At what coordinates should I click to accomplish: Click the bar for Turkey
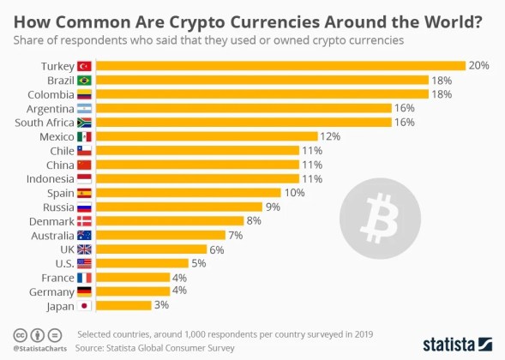(x=280, y=66)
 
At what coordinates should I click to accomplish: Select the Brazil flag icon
(x=84, y=80)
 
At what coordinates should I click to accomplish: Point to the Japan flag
(x=84, y=305)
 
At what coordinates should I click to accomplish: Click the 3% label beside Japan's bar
(x=161, y=305)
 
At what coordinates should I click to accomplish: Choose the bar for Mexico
(x=206, y=136)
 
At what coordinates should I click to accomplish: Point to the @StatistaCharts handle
(x=35, y=349)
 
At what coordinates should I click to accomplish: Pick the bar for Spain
(x=188, y=193)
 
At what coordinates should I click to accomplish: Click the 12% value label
(x=330, y=136)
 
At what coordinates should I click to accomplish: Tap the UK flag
(x=84, y=249)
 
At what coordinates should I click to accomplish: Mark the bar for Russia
(x=178, y=207)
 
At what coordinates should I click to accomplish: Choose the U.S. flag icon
(x=84, y=263)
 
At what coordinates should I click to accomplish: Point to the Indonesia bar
(x=196, y=178)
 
